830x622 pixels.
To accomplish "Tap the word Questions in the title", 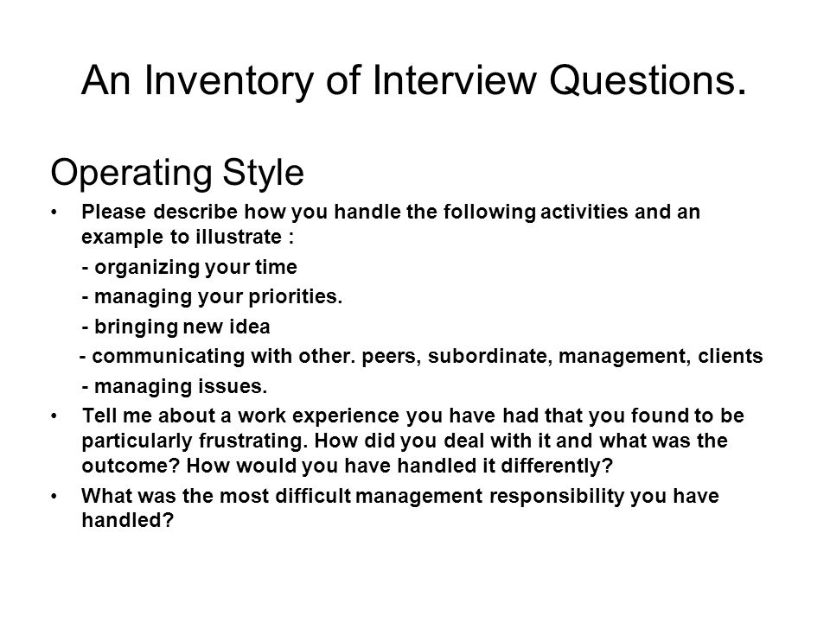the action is (x=648, y=80).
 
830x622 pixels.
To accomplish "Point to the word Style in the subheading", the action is (x=263, y=173).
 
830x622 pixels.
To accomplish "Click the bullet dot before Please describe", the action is (x=54, y=213).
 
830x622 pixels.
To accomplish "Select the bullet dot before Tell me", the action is (x=54, y=416).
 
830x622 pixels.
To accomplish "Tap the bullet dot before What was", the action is (x=54, y=497).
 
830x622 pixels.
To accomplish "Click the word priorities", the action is (x=296, y=297).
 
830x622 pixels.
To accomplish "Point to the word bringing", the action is (x=136, y=327).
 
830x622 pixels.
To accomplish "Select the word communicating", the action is (x=169, y=357).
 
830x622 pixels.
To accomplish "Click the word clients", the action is (x=731, y=356).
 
